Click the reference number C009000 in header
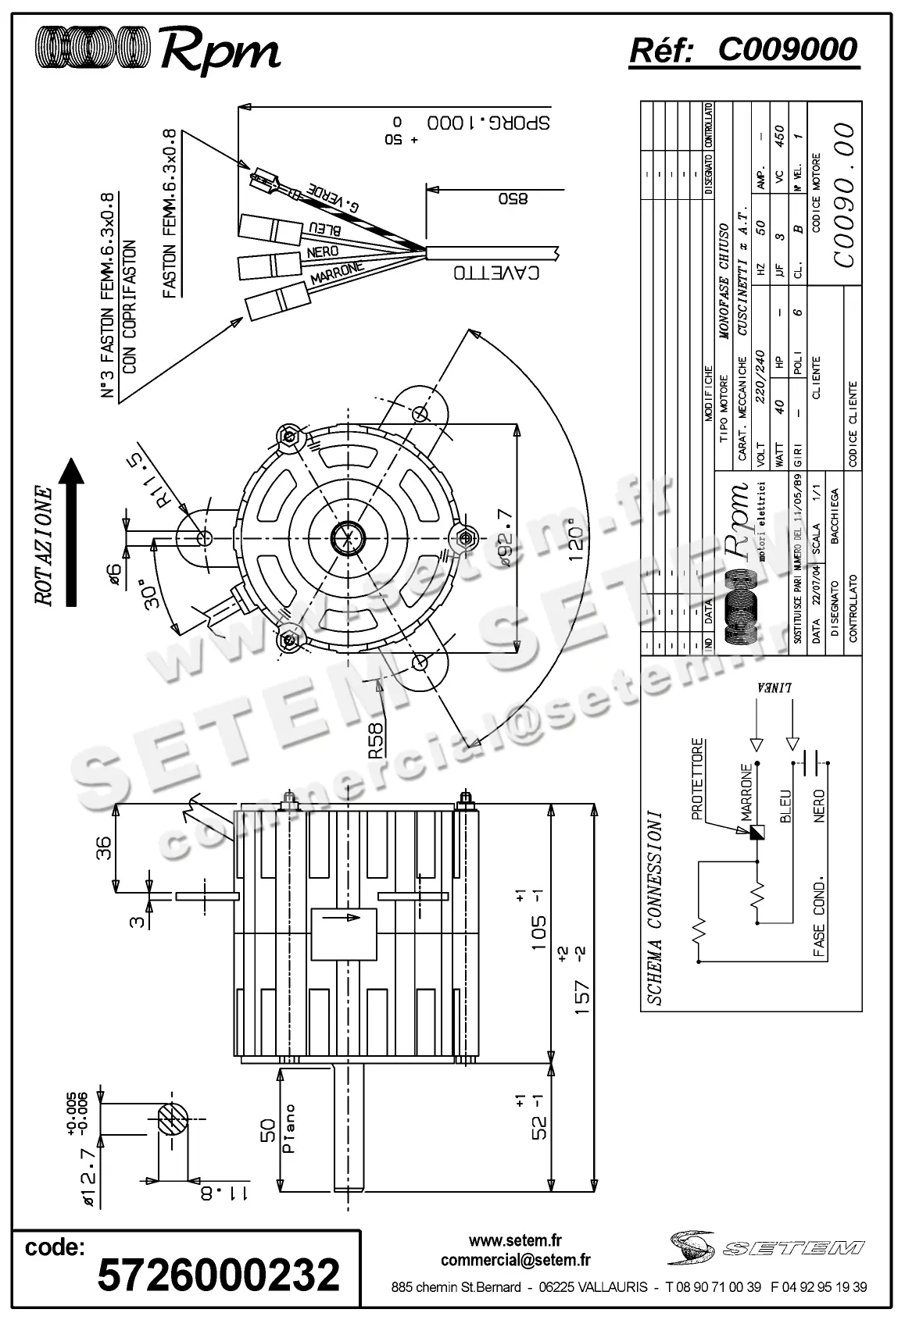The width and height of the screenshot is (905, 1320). (x=787, y=50)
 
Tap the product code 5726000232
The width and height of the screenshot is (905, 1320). (x=218, y=1275)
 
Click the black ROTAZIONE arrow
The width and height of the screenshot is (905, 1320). (x=72, y=532)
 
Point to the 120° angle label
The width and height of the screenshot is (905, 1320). (x=576, y=539)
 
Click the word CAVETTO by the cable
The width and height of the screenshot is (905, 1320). (x=496, y=273)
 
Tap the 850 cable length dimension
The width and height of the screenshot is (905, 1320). (x=513, y=198)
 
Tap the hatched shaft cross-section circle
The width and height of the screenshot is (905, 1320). (x=173, y=1121)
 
